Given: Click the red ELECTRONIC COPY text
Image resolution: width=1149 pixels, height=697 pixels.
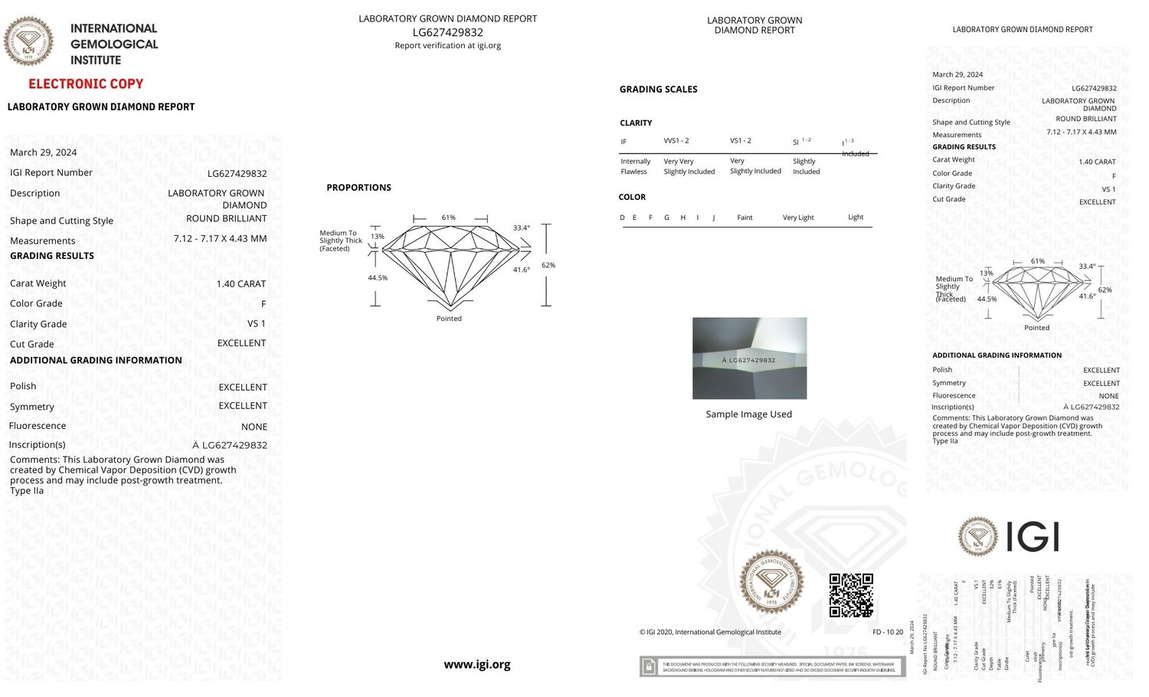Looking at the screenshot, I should tap(86, 84).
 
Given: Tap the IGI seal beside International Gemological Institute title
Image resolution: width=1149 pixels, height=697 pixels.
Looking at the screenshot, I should tap(29, 41).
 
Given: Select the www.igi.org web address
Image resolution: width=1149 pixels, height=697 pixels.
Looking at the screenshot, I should tap(476, 665).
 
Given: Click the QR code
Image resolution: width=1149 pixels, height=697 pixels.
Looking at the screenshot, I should tap(851, 595).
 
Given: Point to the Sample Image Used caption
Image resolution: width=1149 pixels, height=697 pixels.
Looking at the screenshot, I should tap(748, 414).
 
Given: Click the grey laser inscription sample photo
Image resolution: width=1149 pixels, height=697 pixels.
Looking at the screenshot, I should tap(749, 358).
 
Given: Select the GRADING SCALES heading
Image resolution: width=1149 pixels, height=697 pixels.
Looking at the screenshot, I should tap(658, 90).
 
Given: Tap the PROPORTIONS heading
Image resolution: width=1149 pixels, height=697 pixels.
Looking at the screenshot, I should tap(358, 188).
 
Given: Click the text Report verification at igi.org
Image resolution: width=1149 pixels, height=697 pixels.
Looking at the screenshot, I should tap(447, 46).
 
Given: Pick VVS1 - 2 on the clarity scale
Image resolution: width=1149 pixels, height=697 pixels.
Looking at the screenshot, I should tap(676, 141).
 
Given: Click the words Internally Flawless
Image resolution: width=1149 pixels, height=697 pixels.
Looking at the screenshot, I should tap(635, 166).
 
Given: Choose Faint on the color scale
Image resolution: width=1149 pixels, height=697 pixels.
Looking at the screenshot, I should tap(745, 218).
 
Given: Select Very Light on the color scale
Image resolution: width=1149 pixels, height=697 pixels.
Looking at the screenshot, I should tap(798, 218).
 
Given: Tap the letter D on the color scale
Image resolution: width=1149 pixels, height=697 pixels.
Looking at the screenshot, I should tap(623, 218).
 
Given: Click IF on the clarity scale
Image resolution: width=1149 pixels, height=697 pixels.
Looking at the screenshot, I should tap(624, 142).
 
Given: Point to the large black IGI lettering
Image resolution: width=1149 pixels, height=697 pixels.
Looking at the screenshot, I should tap(1032, 536).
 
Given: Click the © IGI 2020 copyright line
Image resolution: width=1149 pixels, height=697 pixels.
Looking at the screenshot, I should tap(710, 633).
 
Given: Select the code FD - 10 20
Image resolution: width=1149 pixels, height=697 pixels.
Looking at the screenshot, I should tap(888, 633).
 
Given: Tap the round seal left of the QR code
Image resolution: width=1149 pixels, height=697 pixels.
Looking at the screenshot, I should tap(771, 583).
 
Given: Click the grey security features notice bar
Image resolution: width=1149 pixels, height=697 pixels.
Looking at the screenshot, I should tap(772, 667).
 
